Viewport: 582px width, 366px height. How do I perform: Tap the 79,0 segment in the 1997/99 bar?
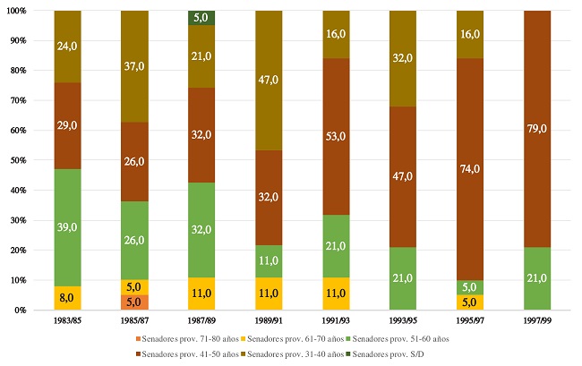pos(535,129)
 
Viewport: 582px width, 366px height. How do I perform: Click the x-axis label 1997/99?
pos(535,321)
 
